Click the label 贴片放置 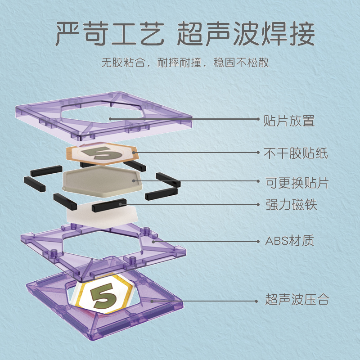pos(288,121)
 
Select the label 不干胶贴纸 pos(296,153)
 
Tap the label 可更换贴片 pos(296,183)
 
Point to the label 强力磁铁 pos(290,205)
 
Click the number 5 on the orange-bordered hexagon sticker pos(102,153)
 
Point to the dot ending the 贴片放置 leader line pos(110,119)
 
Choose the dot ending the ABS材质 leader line pos(153,241)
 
